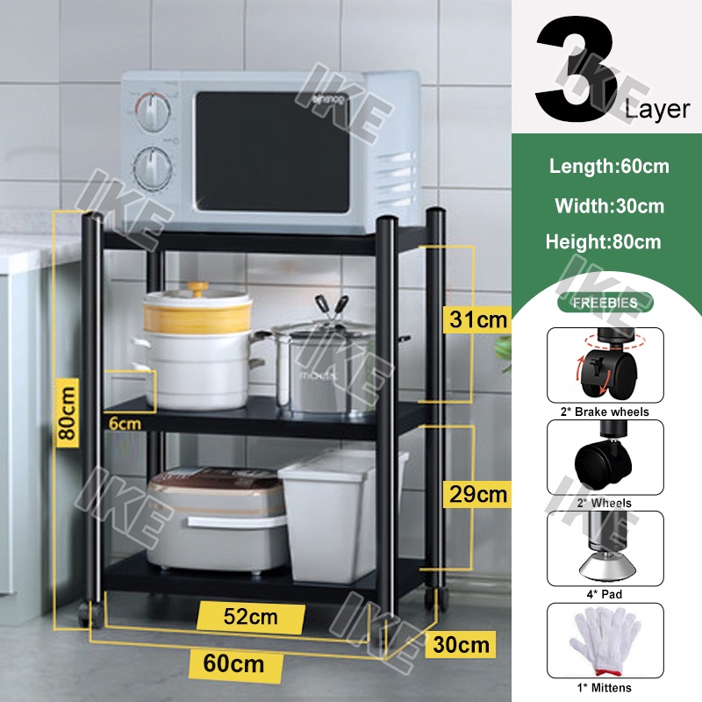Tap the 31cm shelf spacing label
476,319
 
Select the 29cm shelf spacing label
476,494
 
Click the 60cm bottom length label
233,663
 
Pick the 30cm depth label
460,646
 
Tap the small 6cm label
125,423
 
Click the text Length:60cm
609,165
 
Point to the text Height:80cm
603,241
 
